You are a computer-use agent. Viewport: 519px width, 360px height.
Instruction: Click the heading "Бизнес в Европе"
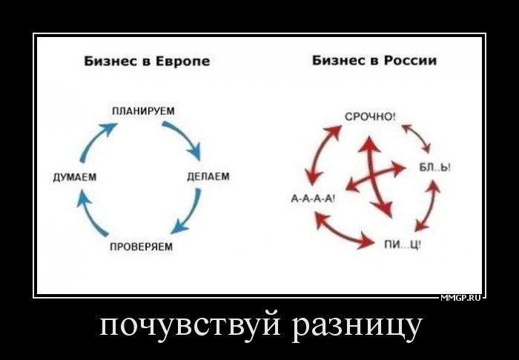147,61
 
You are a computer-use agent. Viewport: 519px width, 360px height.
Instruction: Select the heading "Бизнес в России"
374,61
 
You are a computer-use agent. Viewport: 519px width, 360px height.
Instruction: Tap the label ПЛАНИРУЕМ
143,111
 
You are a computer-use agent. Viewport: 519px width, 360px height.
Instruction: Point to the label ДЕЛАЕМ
208,177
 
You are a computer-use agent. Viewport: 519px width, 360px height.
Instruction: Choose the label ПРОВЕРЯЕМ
142,247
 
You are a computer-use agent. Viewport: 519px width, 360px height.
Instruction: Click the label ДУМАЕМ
75,178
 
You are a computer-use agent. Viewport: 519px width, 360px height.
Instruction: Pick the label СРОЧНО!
370,117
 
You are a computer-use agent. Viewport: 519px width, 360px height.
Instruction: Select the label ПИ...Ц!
403,245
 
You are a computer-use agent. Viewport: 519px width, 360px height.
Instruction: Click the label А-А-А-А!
313,199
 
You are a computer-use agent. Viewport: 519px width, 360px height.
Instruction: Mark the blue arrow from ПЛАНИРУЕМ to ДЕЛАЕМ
184,137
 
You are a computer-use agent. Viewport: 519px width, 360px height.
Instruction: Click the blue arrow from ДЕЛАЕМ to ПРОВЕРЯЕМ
188,213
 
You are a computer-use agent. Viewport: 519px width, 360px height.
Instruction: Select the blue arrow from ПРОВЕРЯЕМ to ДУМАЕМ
90,214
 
